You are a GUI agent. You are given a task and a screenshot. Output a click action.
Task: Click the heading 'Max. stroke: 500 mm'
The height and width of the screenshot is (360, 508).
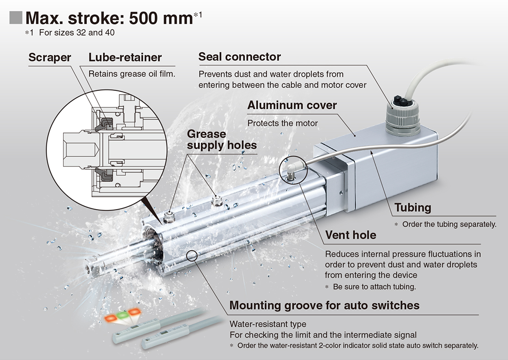[x=109, y=18]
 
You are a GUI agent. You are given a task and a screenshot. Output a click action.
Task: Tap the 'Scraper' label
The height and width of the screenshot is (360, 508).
[x=49, y=58]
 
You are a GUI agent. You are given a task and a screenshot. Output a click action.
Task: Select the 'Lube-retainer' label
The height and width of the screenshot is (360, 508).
[x=125, y=58]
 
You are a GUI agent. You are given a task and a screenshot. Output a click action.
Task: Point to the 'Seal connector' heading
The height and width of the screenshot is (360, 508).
[x=239, y=57]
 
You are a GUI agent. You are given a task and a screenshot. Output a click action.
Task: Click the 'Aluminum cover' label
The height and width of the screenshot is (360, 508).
[x=292, y=105]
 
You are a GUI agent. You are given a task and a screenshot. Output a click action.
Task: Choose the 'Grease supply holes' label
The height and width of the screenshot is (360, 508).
[x=221, y=140]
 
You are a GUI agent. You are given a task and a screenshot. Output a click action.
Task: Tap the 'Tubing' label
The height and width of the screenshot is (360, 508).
[x=412, y=208]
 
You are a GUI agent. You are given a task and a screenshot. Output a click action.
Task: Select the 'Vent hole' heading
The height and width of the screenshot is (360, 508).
[x=351, y=235]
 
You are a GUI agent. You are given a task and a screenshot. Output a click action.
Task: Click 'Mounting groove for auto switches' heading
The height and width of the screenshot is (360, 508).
[x=324, y=305]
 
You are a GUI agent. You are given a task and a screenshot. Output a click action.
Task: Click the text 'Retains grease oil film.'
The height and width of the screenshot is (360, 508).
[x=132, y=73]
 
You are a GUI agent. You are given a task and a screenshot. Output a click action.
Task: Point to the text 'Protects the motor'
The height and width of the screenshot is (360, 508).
[x=283, y=123]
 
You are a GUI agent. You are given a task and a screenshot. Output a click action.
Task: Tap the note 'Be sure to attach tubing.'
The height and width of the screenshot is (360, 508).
[x=374, y=287]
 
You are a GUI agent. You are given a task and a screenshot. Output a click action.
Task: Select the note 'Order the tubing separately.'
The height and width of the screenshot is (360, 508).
[x=449, y=225]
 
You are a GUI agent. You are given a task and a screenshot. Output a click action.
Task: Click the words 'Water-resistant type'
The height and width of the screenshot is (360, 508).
[x=268, y=324]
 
